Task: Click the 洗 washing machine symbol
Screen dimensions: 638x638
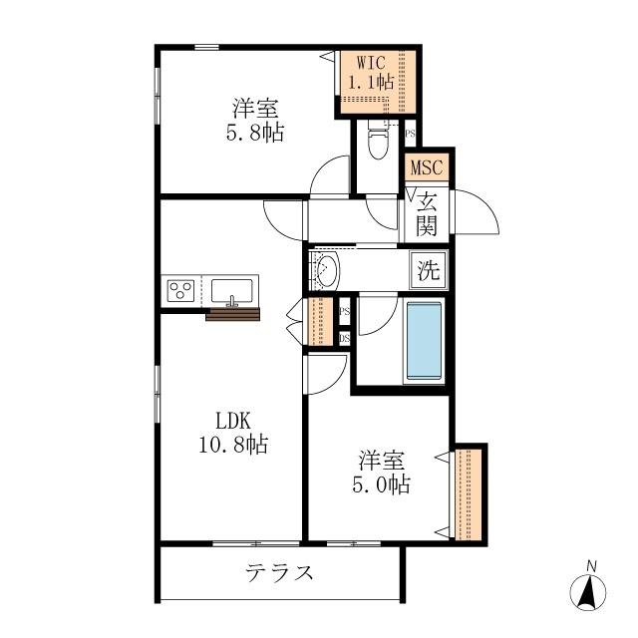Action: click(429, 268)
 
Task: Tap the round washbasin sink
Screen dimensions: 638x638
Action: click(326, 269)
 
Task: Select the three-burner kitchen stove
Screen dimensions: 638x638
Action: click(181, 291)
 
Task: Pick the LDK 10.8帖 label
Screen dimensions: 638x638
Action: click(231, 432)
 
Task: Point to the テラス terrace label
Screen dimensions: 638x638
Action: click(280, 573)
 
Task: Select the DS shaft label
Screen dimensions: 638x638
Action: click(345, 337)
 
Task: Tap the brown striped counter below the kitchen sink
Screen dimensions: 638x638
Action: click(232, 315)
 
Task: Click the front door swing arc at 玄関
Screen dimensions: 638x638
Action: click(477, 213)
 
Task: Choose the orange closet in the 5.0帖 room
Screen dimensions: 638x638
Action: click(469, 492)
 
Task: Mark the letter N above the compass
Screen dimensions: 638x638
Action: click(591, 567)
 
